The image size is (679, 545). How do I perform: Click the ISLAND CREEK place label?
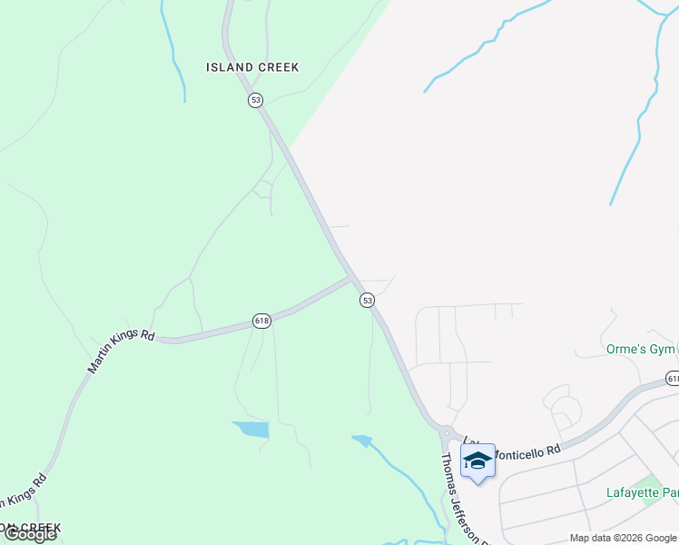[x=252, y=67]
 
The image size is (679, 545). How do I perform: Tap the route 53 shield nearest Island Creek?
[x=255, y=100]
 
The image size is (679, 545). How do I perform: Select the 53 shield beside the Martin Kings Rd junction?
[x=367, y=300]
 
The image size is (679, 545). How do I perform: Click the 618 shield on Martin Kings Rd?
[x=261, y=322]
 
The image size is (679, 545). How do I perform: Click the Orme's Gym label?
[x=640, y=350]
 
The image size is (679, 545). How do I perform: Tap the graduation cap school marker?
[x=477, y=461]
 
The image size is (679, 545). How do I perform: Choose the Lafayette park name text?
[x=642, y=493]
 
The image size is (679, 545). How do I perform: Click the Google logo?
[x=29, y=534]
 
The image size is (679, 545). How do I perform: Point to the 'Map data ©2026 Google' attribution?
[x=623, y=538]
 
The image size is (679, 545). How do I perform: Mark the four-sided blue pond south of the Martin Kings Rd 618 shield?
[x=251, y=430]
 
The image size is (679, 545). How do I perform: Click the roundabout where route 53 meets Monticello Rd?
[x=445, y=433]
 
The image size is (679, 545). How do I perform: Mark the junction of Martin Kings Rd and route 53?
[x=351, y=278]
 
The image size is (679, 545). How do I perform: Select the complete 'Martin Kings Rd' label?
[x=121, y=351]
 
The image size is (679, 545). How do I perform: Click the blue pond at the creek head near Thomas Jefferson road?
[x=361, y=441]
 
